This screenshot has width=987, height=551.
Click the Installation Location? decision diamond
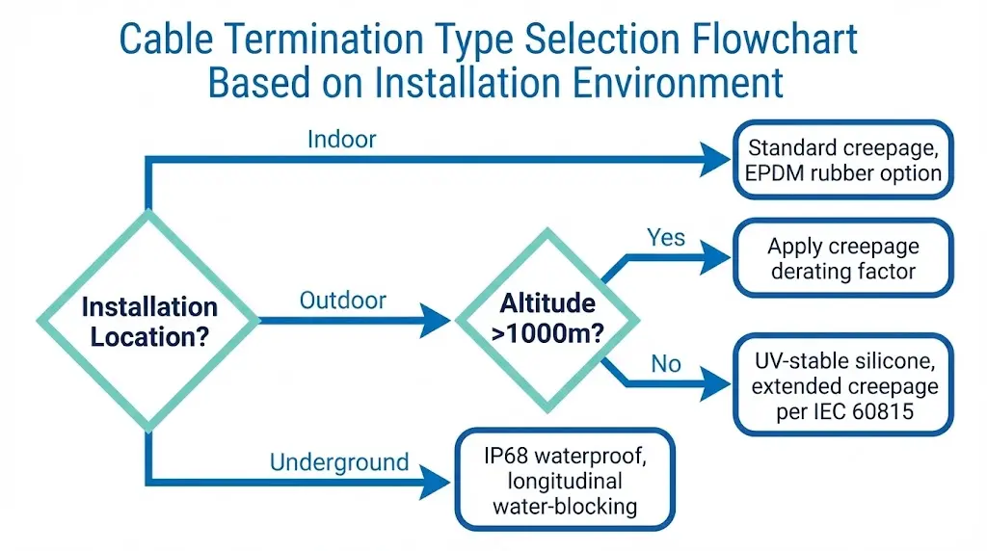click(x=148, y=321)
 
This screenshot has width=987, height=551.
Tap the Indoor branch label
click(x=341, y=139)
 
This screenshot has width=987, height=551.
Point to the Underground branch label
click(x=339, y=462)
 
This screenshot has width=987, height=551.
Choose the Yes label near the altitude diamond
click(x=665, y=237)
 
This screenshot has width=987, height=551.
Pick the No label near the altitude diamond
click(x=665, y=363)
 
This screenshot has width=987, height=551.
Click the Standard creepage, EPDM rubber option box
click(x=843, y=161)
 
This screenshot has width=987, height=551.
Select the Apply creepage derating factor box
click(x=842, y=258)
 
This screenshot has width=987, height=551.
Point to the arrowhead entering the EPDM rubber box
click(x=715, y=161)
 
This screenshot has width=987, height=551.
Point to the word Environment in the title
click(x=676, y=83)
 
